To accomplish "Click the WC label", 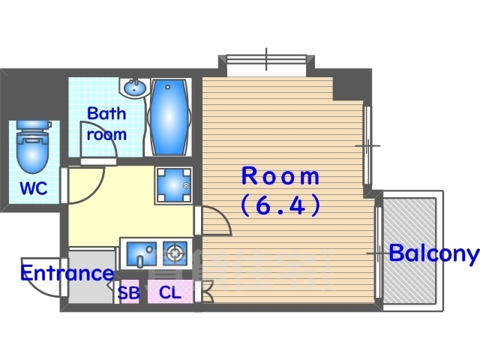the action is (x=34, y=188).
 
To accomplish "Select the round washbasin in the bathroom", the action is (x=135, y=88).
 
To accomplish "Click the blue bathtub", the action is (x=169, y=117).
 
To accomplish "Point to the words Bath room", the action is (x=106, y=124).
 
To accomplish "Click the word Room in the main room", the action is (x=280, y=176).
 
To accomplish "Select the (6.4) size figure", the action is (x=280, y=205).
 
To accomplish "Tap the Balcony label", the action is (x=433, y=253).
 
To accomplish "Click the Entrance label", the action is (x=67, y=273).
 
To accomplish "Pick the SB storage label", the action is (x=128, y=292).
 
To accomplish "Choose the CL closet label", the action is (x=170, y=292).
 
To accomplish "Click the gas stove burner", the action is (x=175, y=253).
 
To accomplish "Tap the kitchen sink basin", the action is (x=142, y=254).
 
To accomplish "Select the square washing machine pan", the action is (x=173, y=185).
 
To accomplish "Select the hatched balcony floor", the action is (x=409, y=250).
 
